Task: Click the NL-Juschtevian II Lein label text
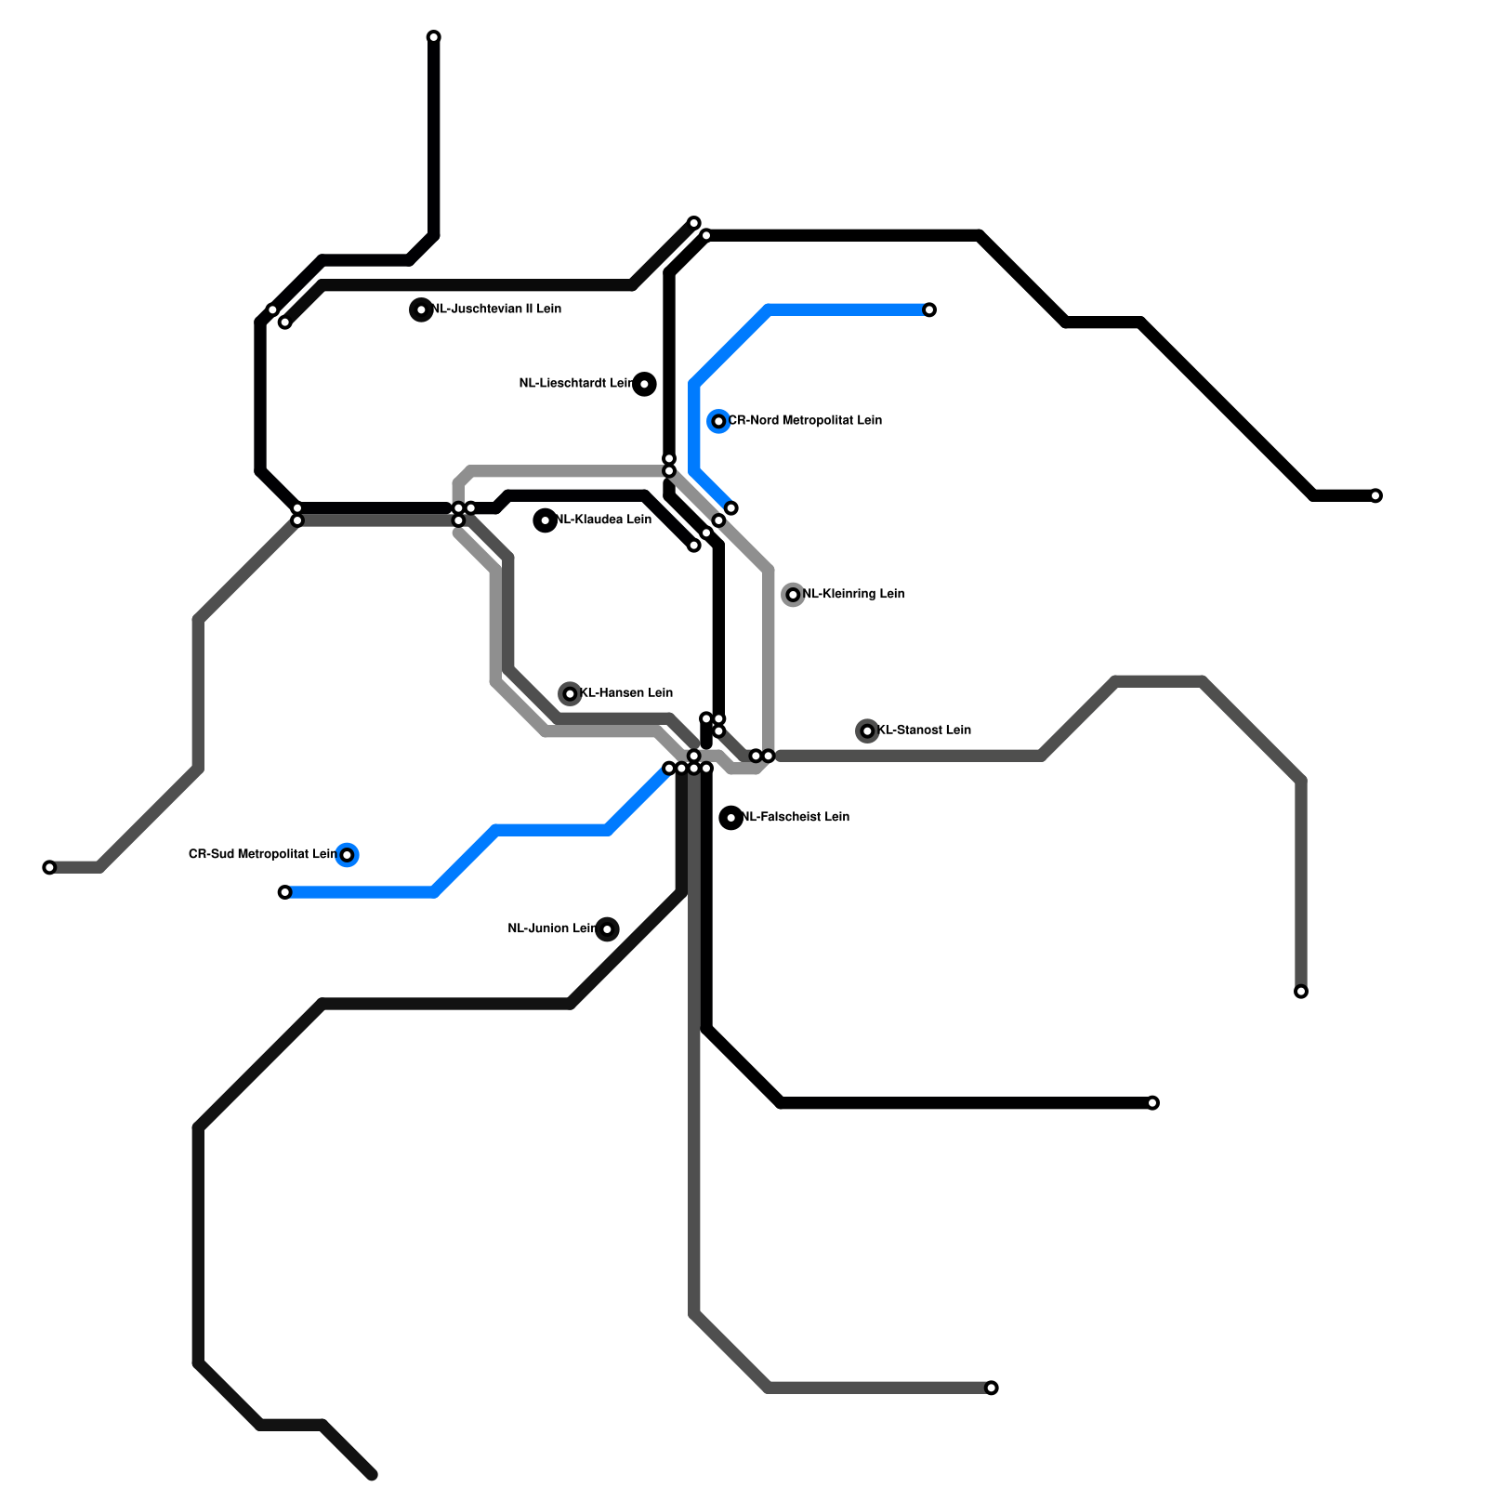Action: point(496,309)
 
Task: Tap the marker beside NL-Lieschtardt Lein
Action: point(644,384)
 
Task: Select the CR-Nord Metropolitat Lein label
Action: point(805,421)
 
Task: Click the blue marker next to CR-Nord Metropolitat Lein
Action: point(718,421)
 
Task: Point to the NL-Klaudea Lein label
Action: point(603,520)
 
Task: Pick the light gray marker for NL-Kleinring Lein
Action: point(793,595)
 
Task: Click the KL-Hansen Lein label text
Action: point(626,693)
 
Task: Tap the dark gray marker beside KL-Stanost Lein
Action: point(867,731)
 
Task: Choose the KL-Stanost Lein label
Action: point(924,730)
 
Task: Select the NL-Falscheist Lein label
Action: point(796,818)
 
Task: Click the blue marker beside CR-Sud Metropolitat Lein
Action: point(347,855)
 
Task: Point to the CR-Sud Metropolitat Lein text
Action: point(262,855)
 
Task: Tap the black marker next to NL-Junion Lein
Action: point(607,929)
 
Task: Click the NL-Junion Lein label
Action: point(552,929)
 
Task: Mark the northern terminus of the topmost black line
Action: point(433,37)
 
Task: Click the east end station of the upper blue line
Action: point(929,309)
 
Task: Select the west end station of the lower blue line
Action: point(284,892)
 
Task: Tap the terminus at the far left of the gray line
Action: point(49,867)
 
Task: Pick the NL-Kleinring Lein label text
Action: point(853,595)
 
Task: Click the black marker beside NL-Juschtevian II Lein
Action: point(421,309)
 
